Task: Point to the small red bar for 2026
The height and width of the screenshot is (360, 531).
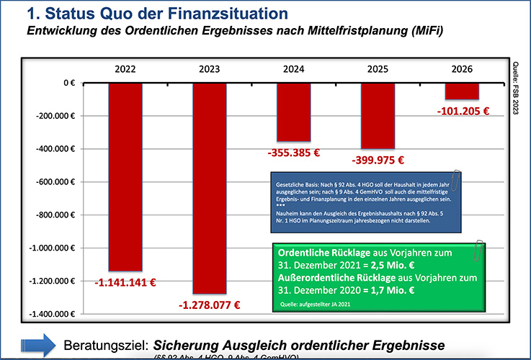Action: point(462,91)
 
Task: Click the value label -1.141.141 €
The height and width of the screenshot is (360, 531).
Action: point(125,283)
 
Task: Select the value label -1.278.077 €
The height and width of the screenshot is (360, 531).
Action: point(208,305)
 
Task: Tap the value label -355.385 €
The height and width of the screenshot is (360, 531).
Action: point(292,153)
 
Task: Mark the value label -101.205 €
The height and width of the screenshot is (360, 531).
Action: point(463,112)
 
